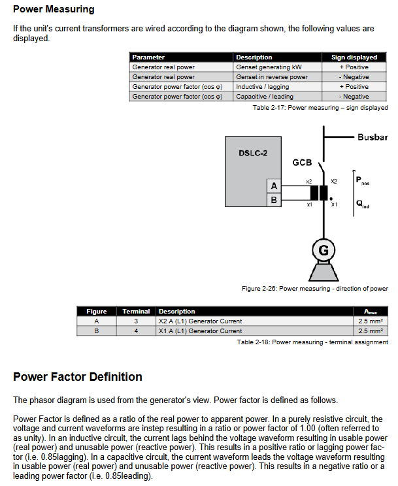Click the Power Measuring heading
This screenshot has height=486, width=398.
click(x=54, y=10)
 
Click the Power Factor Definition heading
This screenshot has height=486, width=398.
click(x=78, y=377)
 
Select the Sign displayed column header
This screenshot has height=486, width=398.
click(x=354, y=57)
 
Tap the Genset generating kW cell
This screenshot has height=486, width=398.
click(x=269, y=67)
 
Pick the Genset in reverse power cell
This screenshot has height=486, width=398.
click(x=272, y=77)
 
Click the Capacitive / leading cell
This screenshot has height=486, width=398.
click(x=265, y=97)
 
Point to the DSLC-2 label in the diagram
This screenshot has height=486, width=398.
click(x=248, y=153)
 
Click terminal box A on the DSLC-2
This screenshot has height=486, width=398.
click(x=273, y=187)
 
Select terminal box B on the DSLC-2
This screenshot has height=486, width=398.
click(x=273, y=200)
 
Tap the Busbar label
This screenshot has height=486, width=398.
click(x=373, y=138)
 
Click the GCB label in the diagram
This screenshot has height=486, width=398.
click(x=301, y=162)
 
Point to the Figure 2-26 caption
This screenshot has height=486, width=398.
click(x=314, y=289)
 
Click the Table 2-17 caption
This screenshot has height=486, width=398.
click(x=320, y=108)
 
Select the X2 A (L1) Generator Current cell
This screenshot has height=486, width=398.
click(x=200, y=321)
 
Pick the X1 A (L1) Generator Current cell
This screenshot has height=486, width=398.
click(x=200, y=331)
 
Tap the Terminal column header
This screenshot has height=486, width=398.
click(x=136, y=312)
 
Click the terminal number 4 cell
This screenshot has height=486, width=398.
click(x=136, y=331)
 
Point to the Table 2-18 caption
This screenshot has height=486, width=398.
click(x=312, y=342)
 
